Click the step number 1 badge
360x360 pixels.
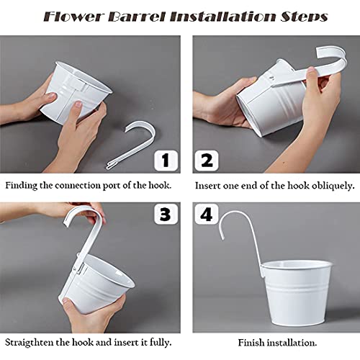coord(165,159)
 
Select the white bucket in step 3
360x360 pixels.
coord(119,277)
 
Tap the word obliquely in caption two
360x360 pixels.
coord(329,185)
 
